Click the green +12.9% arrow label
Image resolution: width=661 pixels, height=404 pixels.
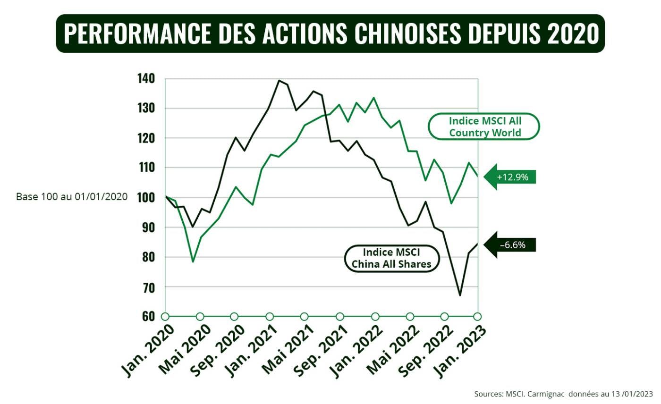coord(512,177)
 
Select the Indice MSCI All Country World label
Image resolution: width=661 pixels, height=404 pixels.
coord(484,126)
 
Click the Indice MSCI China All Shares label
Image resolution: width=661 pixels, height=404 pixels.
coord(391,258)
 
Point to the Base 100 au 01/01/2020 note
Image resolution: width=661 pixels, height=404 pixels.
coord(72,197)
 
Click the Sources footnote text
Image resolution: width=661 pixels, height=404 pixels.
coord(563,394)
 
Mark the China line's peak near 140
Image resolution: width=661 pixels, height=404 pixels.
coord(279,81)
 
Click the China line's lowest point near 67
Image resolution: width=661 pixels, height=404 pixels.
coord(459,295)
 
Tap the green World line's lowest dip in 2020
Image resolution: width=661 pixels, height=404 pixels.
coord(193,261)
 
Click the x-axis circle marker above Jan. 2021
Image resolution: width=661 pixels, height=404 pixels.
coord(270,316)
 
